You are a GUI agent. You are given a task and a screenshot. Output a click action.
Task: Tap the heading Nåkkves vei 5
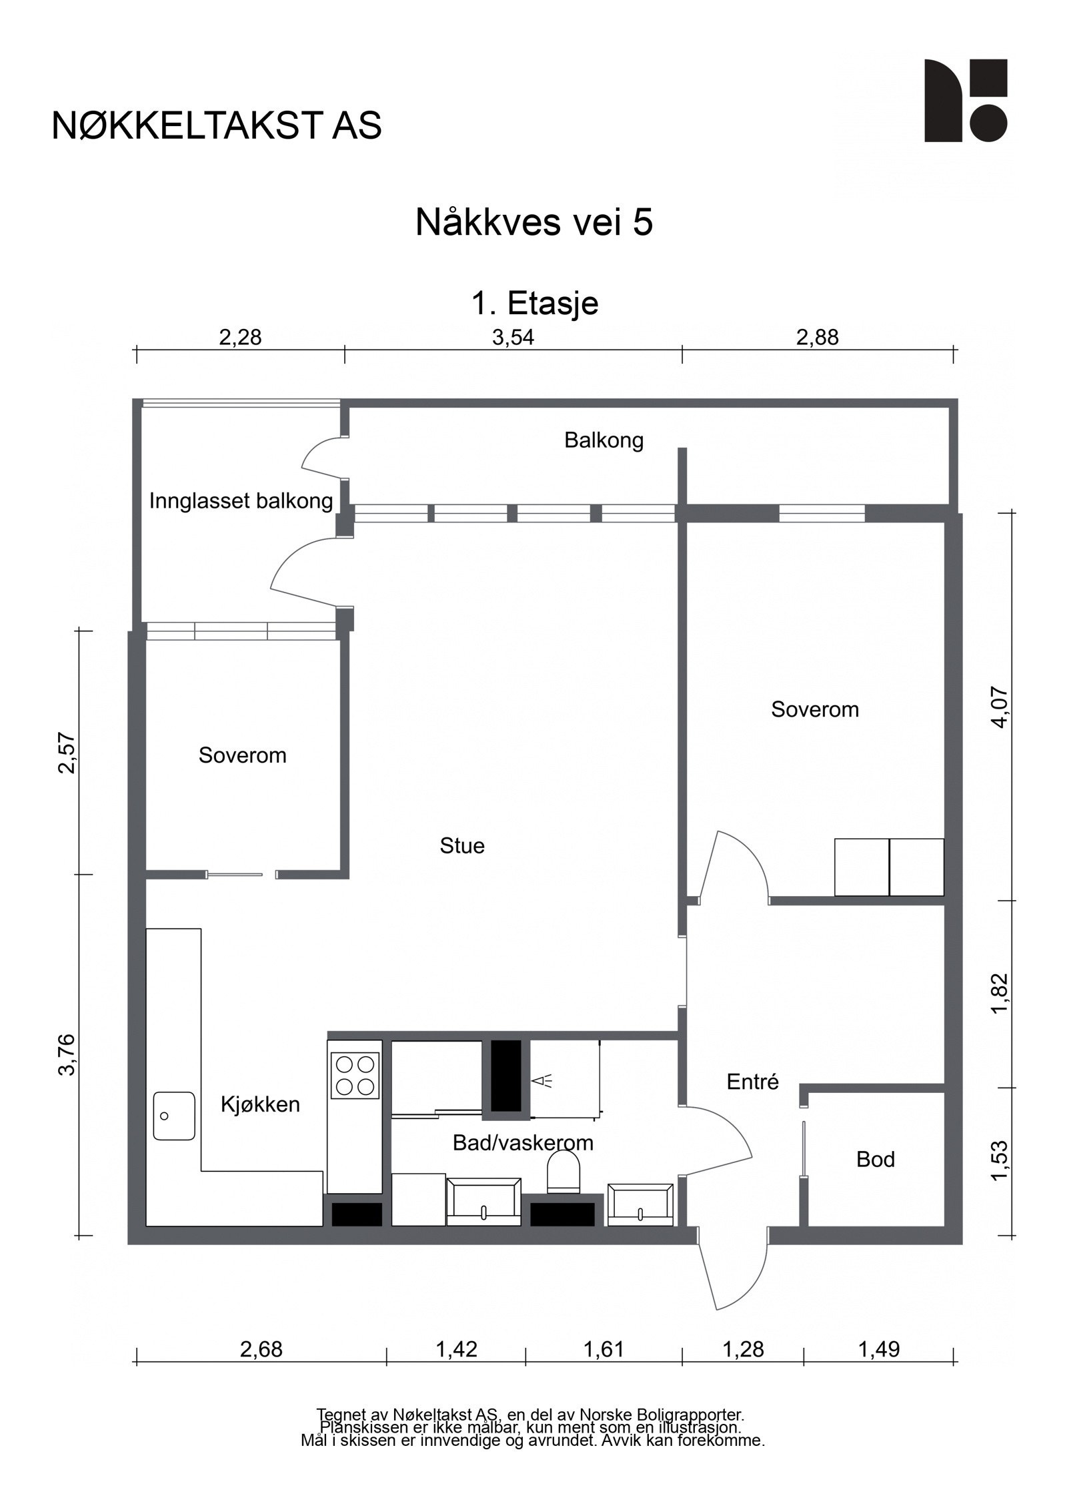tap(533, 222)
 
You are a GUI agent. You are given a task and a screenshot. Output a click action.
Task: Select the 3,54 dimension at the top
tap(513, 338)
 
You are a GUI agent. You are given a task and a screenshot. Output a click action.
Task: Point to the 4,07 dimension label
tap(1000, 707)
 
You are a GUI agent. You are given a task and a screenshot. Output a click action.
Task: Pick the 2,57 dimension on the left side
tap(67, 753)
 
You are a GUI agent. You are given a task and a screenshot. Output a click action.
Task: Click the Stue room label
tap(462, 846)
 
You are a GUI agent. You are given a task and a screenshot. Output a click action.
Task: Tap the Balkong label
tap(604, 440)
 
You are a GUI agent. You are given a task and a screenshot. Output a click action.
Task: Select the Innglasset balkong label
tap(241, 500)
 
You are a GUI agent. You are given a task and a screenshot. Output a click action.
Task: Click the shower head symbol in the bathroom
tap(542, 1082)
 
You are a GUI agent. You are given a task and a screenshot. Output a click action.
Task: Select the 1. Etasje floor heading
tap(535, 304)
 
